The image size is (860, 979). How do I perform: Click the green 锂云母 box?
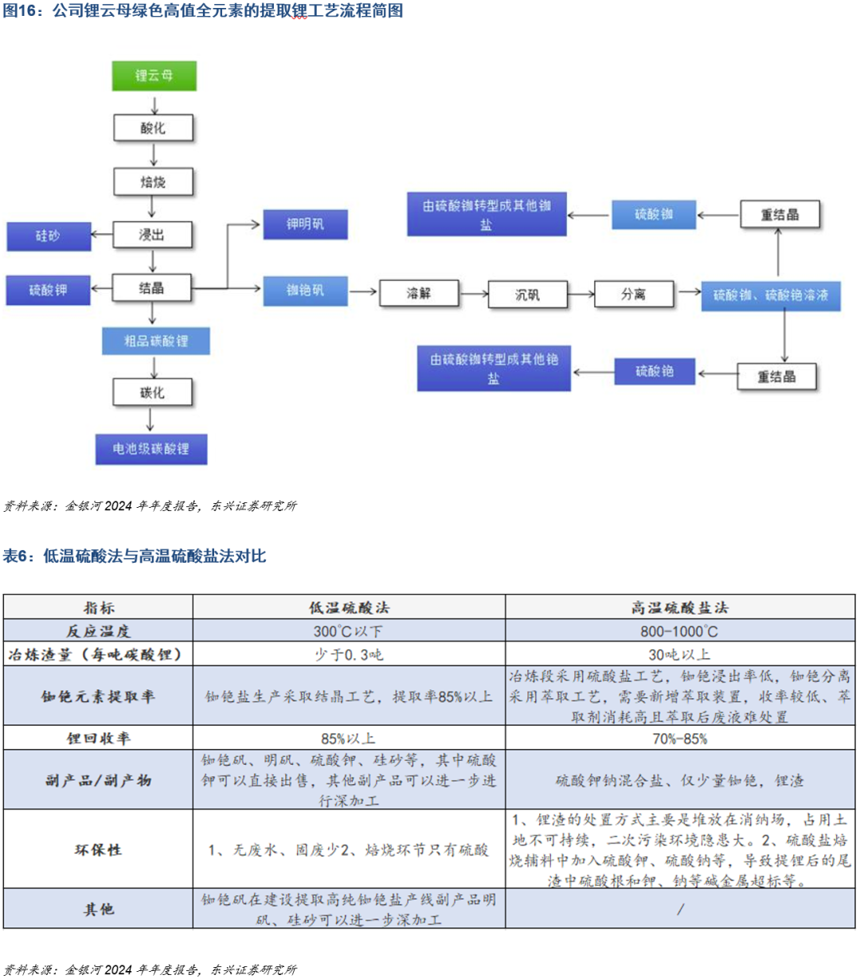point(154,76)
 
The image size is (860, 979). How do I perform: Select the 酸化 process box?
point(154,128)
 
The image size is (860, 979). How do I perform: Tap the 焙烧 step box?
point(154,182)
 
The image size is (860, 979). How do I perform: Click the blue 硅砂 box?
point(48,236)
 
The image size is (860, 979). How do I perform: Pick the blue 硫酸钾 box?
point(48,291)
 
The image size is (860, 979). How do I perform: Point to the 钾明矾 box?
point(305,225)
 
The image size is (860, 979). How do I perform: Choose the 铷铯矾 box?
point(305,291)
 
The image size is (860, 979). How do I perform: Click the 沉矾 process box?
point(527,294)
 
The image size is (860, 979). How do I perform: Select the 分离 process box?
point(634,294)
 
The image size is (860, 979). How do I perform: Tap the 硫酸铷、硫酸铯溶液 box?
point(770,295)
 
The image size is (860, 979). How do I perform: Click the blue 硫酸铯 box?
point(655,372)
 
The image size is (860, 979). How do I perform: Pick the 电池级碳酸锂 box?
point(151,449)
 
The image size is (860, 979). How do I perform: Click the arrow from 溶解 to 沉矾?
point(474,294)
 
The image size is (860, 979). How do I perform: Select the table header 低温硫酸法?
point(349,607)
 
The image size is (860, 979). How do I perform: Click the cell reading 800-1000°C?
point(680,631)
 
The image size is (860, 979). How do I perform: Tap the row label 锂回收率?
point(98,738)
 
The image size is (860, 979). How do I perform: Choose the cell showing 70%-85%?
point(680,738)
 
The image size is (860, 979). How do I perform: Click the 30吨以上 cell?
point(680,654)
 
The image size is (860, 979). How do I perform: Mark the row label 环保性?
point(98,849)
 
